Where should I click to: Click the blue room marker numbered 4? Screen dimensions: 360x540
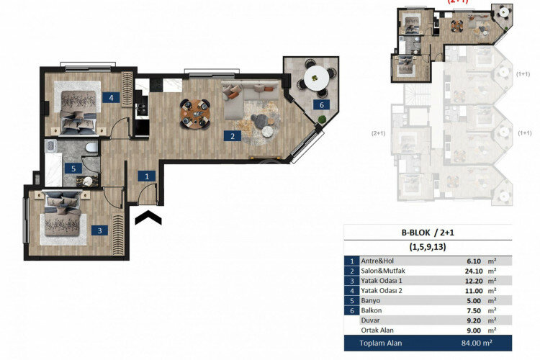tap(112, 97)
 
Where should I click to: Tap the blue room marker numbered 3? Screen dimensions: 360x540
tap(101, 231)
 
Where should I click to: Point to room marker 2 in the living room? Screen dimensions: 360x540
tap(232, 135)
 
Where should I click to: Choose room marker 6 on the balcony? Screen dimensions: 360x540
tap(322, 105)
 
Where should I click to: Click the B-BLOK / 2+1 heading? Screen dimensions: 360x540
tap(428, 233)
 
